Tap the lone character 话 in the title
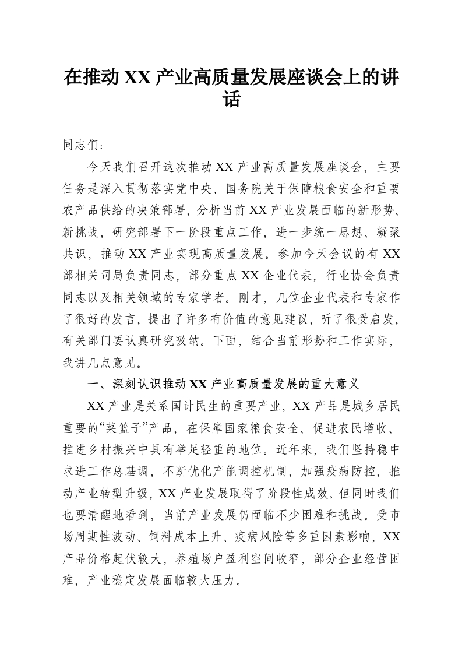pos(231,99)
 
